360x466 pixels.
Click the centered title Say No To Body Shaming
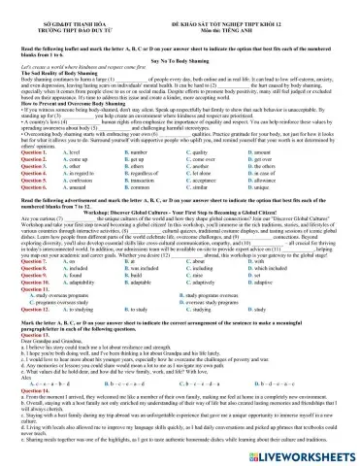tap(180, 58)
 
